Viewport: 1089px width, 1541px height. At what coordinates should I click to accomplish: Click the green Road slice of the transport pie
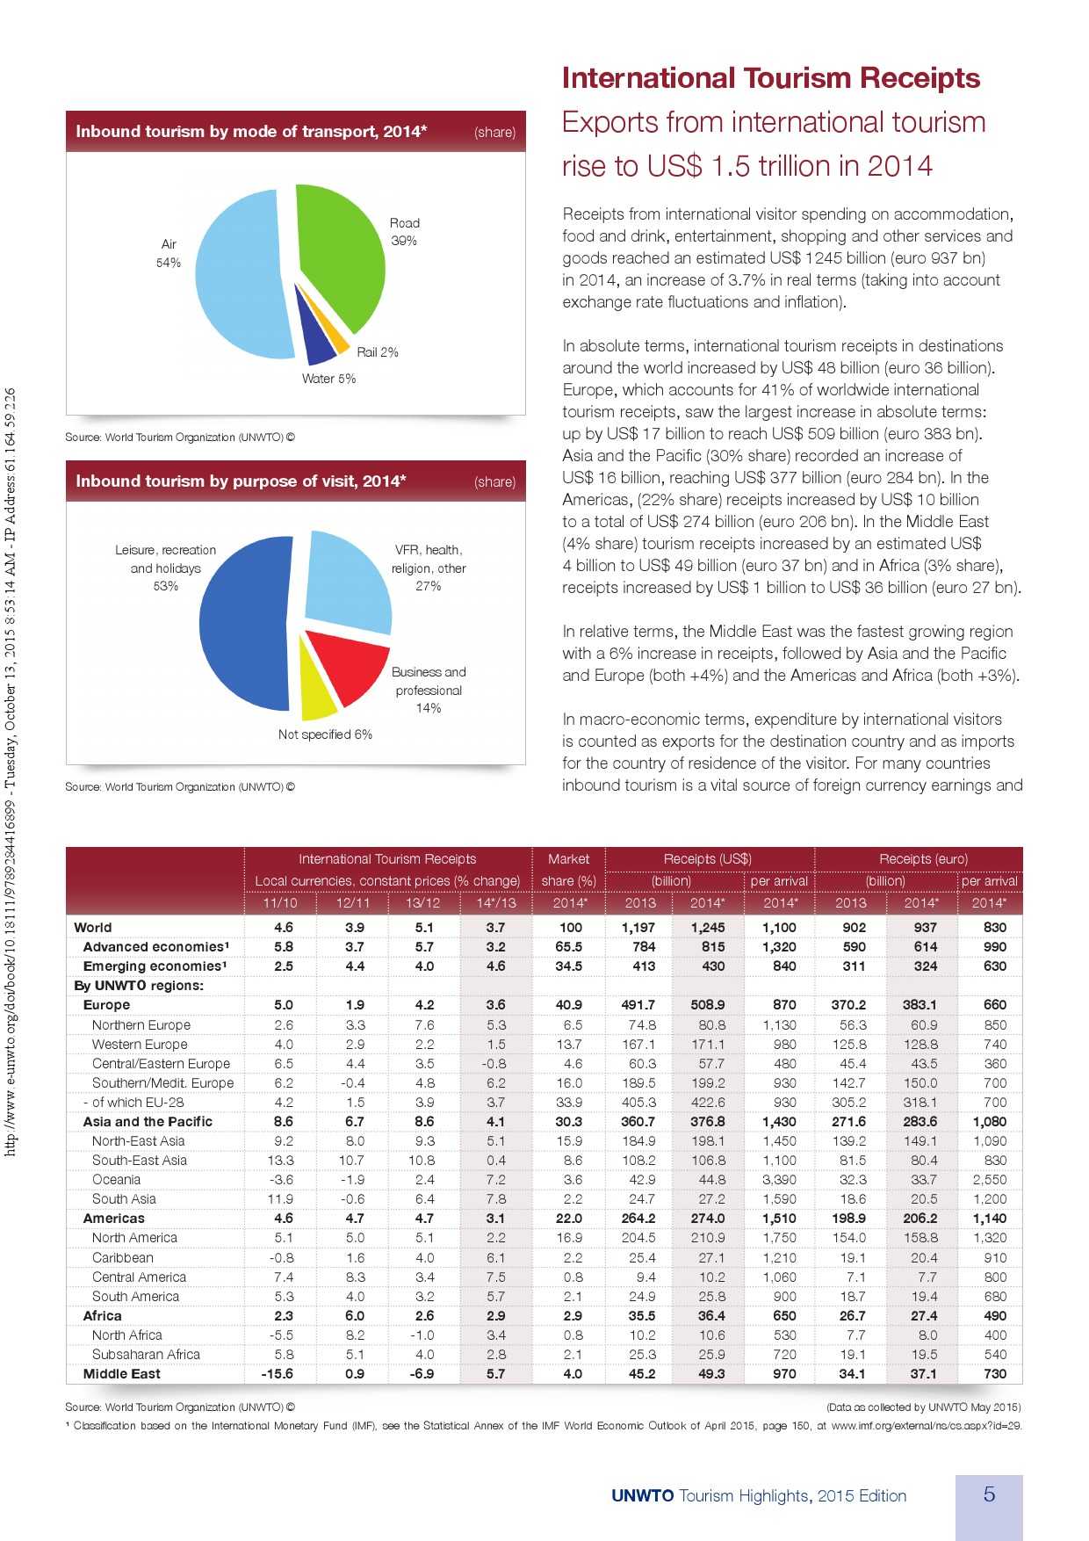343,255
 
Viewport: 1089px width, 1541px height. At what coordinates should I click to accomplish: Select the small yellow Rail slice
335,331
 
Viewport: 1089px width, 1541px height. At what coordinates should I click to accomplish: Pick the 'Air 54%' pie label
169,253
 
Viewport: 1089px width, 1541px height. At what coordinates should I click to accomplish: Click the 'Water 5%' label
328,379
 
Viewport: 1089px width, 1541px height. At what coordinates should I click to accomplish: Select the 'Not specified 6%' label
325,734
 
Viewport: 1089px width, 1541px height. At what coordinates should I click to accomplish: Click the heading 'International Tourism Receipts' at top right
770,78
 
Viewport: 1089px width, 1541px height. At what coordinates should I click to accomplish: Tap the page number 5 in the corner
989,1494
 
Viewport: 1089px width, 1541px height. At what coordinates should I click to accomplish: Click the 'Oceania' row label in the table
116,1179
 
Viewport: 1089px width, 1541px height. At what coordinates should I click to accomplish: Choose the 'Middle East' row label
121,1373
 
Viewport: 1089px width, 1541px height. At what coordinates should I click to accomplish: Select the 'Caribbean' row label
122,1257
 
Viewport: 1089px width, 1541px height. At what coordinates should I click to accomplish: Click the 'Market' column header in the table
568,858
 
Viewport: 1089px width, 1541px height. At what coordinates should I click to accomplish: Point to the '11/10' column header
280,902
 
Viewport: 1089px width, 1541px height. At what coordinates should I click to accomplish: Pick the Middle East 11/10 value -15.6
278,1373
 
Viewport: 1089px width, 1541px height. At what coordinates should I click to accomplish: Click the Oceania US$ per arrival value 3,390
779,1179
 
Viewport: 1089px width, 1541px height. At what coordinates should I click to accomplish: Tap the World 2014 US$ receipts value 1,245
708,927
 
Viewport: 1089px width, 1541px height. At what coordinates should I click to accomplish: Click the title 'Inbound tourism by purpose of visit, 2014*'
241,481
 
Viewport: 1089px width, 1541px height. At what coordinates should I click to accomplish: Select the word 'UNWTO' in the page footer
642,1495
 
